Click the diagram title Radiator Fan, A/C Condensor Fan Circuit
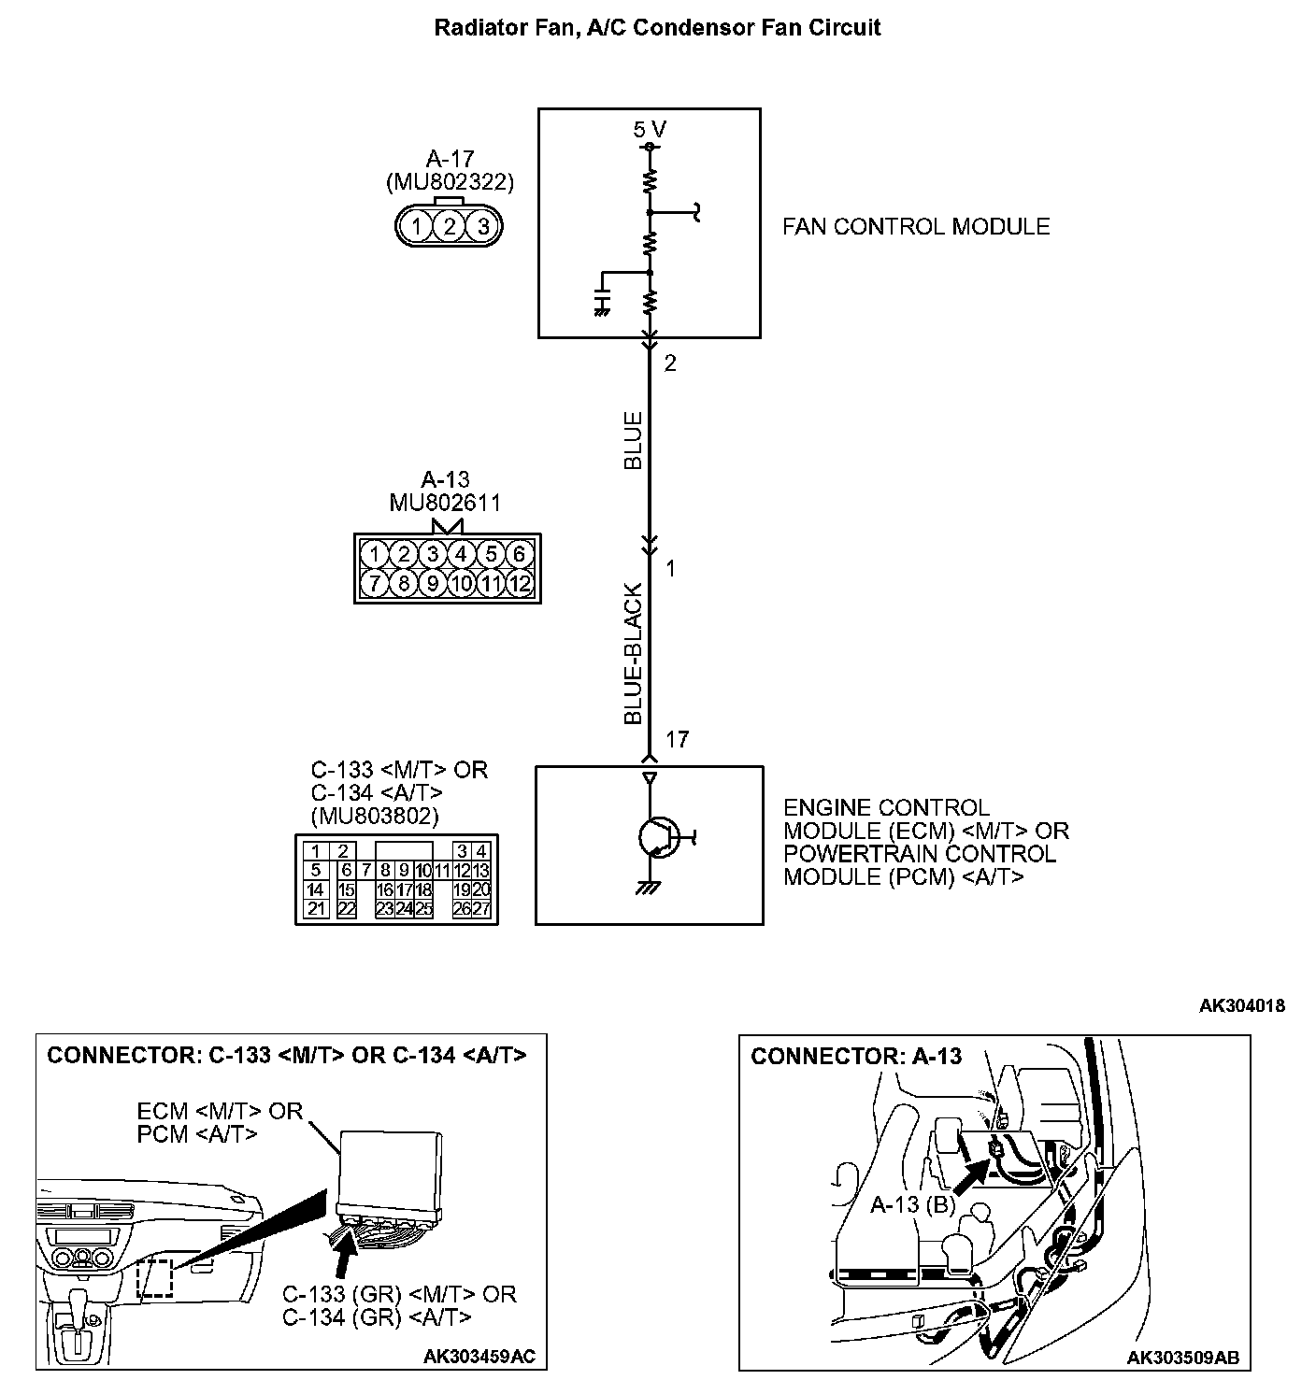(657, 27)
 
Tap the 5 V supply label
(650, 130)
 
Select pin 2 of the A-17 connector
(450, 226)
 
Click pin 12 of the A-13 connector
(520, 585)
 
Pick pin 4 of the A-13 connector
(461, 555)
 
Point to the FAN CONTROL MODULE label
(916, 227)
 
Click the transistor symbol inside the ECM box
(660, 837)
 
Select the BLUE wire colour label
(634, 440)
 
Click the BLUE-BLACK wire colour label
(634, 654)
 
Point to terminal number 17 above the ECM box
(677, 740)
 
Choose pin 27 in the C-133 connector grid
(481, 908)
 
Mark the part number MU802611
(445, 503)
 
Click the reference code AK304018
(1241, 1006)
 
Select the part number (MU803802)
(374, 817)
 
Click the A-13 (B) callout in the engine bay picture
(912, 1204)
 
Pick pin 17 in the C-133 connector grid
(405, 890)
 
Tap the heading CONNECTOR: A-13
(856, 1057)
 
